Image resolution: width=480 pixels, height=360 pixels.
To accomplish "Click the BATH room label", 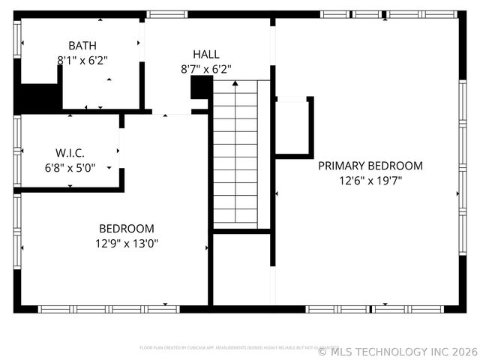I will coord(82,46).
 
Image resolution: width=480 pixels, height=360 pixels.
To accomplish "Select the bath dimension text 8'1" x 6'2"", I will coord(82,59).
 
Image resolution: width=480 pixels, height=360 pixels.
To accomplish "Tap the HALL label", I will coord(206,54).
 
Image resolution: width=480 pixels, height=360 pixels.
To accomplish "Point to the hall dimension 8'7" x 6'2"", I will coord(206,68).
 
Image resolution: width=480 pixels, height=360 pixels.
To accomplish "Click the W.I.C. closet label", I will coord(70,152).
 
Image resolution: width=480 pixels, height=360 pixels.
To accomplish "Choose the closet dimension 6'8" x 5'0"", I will coord(70,167).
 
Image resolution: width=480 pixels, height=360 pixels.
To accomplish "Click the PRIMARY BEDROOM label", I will coord(370,166).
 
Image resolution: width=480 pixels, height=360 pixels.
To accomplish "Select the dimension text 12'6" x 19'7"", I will coord(370,180).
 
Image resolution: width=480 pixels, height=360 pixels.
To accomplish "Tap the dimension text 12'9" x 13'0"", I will coord(127,243).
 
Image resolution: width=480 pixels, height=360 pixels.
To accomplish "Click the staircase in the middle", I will coord(235,154).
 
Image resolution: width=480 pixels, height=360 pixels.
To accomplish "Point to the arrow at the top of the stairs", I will coord(235,85).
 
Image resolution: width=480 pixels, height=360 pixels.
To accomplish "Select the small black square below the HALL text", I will coord(201,88).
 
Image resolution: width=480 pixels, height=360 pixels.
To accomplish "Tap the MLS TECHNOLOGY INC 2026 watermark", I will coord(397,351).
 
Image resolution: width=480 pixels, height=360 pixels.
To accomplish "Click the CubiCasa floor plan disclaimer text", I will coord(229,348).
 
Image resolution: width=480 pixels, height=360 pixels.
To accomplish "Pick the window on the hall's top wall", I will coord(166,13).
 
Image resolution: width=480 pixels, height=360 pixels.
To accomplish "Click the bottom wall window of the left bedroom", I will coord(109,309).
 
